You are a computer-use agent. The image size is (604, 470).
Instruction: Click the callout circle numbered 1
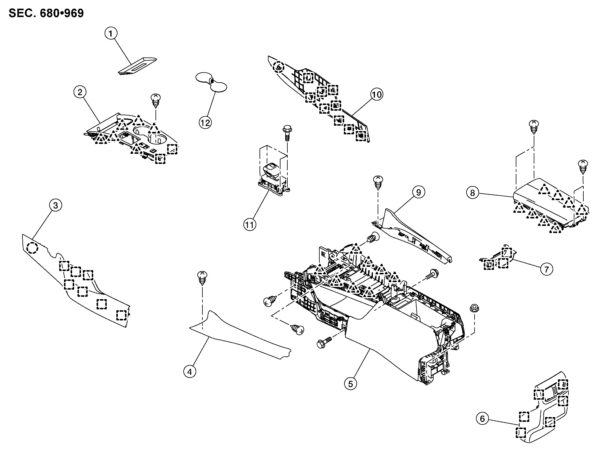111,33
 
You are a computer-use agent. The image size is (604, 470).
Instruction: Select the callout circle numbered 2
80,92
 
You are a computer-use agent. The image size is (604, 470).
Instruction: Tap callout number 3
55,205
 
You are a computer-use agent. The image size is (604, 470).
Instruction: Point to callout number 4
190,372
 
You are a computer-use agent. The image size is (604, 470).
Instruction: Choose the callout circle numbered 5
350,384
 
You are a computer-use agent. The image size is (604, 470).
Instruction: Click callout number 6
482,419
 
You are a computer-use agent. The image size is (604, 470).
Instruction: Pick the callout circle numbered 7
547,269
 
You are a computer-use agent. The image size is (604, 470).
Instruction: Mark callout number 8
472,193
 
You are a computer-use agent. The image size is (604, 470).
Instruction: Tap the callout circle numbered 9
418,192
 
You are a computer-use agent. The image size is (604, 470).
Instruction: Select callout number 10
377,95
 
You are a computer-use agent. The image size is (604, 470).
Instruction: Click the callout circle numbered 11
250,224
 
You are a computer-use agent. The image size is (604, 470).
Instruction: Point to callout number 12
205,122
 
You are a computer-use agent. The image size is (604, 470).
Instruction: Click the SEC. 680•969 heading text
46,13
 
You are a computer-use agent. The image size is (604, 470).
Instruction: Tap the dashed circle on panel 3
32,248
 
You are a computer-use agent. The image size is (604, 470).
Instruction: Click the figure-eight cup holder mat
211,81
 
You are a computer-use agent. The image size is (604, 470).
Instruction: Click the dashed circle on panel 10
279,67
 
